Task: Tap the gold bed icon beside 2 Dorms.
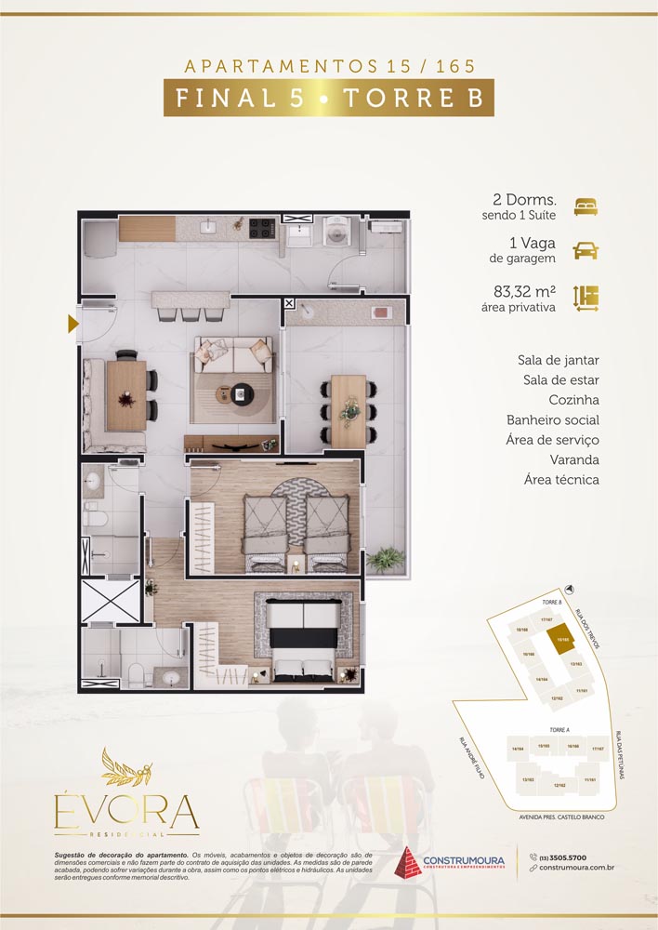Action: [586, 206]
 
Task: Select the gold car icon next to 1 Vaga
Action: [586, 250]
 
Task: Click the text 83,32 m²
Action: [525, 291]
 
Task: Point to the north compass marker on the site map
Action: [569, 590]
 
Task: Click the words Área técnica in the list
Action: [559, 480]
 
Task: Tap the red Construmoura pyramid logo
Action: [410, 862]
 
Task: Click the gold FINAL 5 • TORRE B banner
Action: [329, 98]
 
